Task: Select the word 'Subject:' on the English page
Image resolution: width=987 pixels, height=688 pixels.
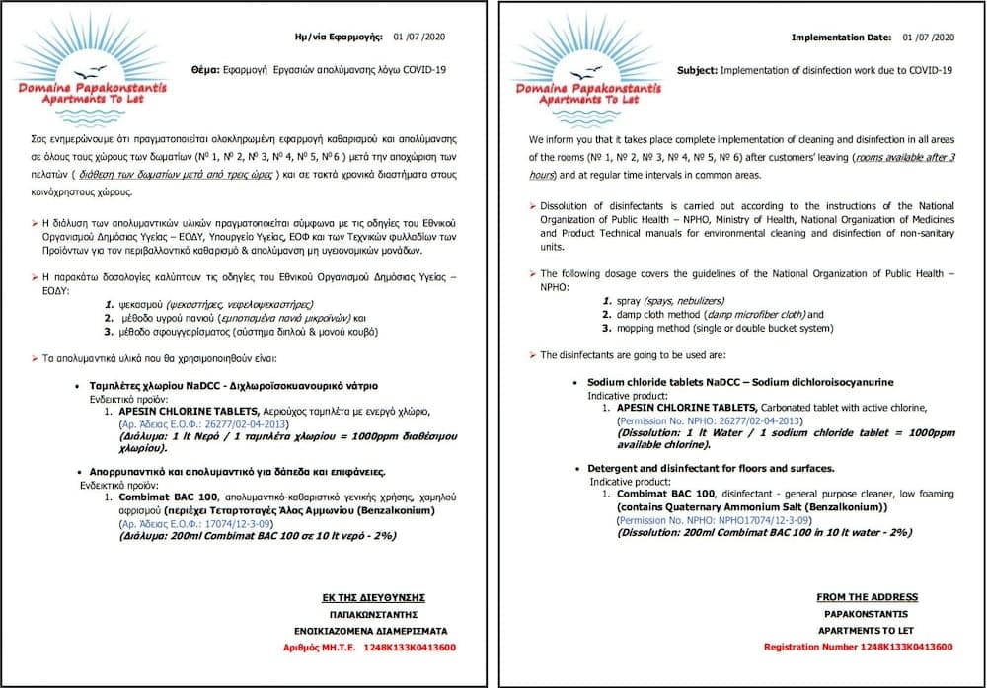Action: [697, 70]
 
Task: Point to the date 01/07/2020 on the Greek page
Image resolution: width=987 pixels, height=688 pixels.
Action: [421, 38]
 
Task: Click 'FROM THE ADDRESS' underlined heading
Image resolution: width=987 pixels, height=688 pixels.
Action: [867, 597]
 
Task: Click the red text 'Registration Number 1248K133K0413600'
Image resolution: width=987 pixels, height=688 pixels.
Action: [858, 647]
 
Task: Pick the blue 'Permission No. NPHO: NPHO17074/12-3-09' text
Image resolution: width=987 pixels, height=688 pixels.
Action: [704, 520]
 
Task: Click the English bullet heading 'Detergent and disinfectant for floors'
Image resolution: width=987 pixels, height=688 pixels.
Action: [711, 468]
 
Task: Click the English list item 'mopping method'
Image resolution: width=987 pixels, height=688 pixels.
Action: [652, 328]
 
